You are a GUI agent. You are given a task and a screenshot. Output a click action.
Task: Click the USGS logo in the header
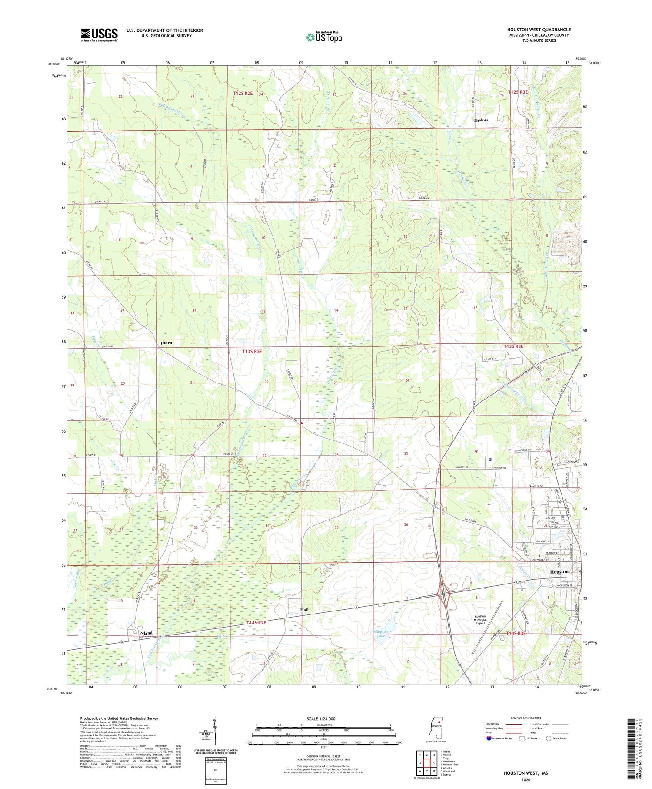pos(99,35)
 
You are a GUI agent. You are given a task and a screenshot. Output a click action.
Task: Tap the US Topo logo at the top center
pos(324,37)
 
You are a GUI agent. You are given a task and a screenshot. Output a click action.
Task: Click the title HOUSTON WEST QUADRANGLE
pos(539,30)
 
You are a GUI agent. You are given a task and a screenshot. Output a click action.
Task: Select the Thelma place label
pos(481,120)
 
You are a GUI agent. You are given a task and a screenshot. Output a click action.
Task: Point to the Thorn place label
pos(166,343)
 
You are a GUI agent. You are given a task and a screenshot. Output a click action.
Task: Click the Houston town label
pos(559,572)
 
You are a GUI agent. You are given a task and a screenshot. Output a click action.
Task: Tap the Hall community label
pos(304,610)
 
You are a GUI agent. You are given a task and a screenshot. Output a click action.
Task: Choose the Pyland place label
pos(146,633)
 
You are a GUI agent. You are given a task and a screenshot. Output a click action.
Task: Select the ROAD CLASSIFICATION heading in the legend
pos(526,718)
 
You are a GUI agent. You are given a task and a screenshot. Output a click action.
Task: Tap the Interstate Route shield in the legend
pos(489,739)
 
